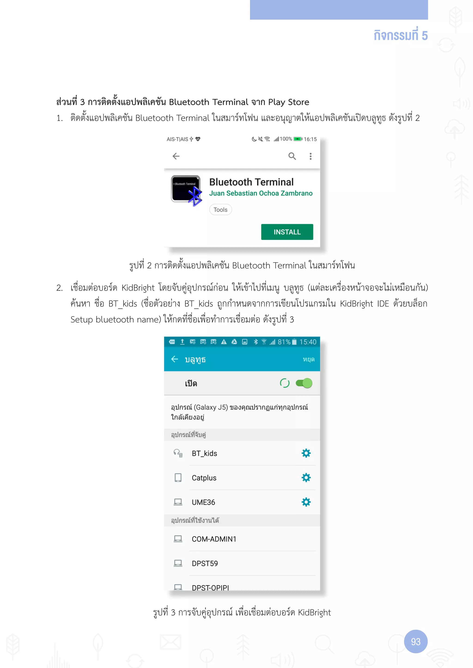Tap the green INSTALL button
coord(287,232)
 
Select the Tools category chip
coord(221,209)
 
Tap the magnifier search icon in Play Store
coord(292,156)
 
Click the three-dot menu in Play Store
coord(310,156)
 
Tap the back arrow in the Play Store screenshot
coord(176,156)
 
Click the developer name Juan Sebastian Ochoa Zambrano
coord(261,193)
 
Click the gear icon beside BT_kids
coord(306,453)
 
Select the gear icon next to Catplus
coord(306,477)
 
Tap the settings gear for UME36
coord(306,502)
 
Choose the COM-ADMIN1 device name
coord(214,539)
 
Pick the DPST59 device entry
coord(205,563)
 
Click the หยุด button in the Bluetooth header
coord(308,359)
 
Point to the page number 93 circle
coord(416,641)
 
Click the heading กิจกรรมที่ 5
coord(400,35)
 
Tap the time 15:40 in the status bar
coord(308,342)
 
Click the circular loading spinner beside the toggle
coord(285,383)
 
